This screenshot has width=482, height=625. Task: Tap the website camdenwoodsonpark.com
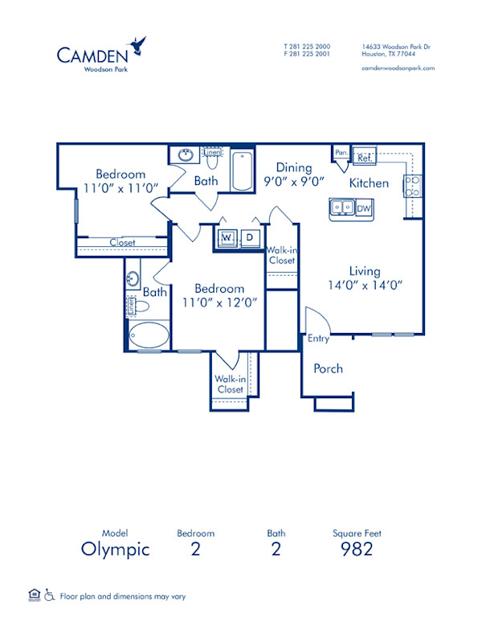(x=398, y=68)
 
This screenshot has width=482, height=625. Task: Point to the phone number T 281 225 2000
(x=307, y=47)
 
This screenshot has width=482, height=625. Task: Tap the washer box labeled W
(x=227, y=237)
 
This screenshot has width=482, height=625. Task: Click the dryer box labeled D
(x=249, y=237)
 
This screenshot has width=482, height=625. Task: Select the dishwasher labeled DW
(x=363, y=208)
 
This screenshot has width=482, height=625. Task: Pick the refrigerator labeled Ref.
(x=363, y=157)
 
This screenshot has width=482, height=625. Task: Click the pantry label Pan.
(x=341, y=152)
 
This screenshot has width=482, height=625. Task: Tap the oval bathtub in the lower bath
(x=149, y=336)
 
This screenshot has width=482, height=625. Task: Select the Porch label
(x=328, y=368)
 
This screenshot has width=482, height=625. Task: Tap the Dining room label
(x=294, y=167)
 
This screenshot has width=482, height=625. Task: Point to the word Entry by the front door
(x=318, y=339)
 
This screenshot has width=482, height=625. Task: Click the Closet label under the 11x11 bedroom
(x=123, y=242)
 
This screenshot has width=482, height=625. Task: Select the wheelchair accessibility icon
(x=49, y=596)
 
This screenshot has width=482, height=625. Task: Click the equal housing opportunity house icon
(x=33, y=595)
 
